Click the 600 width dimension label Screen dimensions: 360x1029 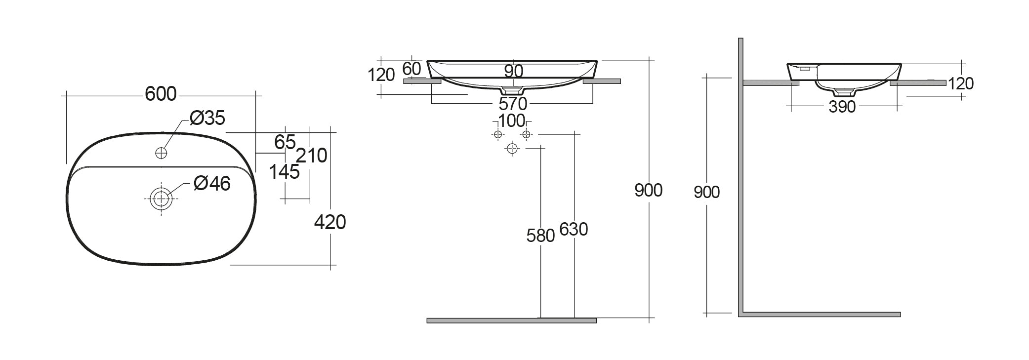[161, 94]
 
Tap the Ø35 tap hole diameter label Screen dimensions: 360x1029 [207, 118]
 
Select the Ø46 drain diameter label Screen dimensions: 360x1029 [212, 184]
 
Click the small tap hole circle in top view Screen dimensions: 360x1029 [161, 153]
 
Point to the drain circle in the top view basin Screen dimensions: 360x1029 [161, 199]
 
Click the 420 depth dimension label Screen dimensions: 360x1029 [330, 223]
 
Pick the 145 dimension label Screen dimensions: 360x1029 [284, 172]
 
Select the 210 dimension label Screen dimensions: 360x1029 [312, 156]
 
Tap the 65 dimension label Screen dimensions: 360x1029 [285, 142]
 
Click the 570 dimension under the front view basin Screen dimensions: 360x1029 [513, 104]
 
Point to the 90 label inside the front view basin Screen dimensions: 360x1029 [514, 71]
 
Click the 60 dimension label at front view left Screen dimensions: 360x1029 [412, 68]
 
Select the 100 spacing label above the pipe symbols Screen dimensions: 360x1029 [511, 120]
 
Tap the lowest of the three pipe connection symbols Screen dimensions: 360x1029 [512, 148]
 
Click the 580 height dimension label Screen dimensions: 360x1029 [540, 236]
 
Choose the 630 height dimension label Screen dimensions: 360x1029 [574, 229]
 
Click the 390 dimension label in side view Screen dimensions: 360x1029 [842, 107]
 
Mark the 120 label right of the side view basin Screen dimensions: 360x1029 [961, 83]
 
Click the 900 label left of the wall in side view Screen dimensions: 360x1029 [706, 192]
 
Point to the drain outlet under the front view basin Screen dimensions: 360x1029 [512, 91]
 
